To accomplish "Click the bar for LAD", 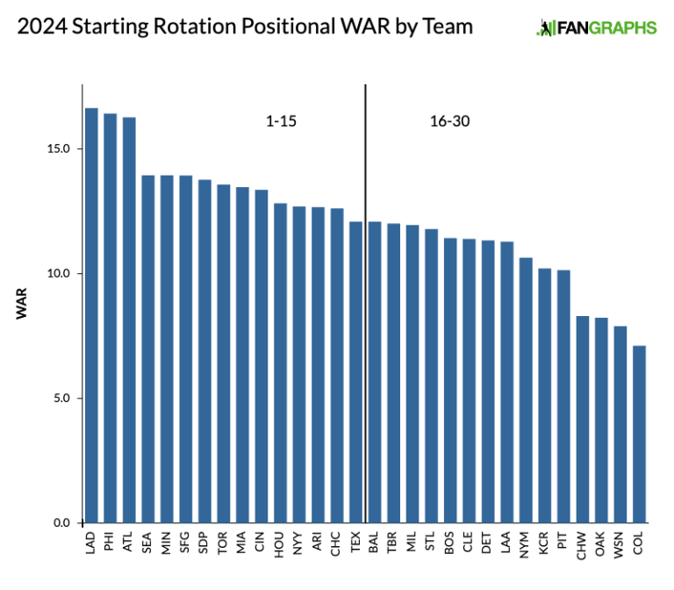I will pos(91,316).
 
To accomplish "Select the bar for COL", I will pos(639,435).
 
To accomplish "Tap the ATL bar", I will pos(129,320).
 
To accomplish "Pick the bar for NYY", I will pos(299,365).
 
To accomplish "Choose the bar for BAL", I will pos(375,372).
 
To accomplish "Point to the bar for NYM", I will pos(526,391).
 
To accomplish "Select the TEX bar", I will pos(355,372).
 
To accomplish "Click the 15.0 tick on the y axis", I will pos(61,148).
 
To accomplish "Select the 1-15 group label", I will pos(281,121).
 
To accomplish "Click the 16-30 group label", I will pos(449,121).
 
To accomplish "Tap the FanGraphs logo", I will pos(596,28).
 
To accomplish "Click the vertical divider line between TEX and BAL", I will pos(365,263).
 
